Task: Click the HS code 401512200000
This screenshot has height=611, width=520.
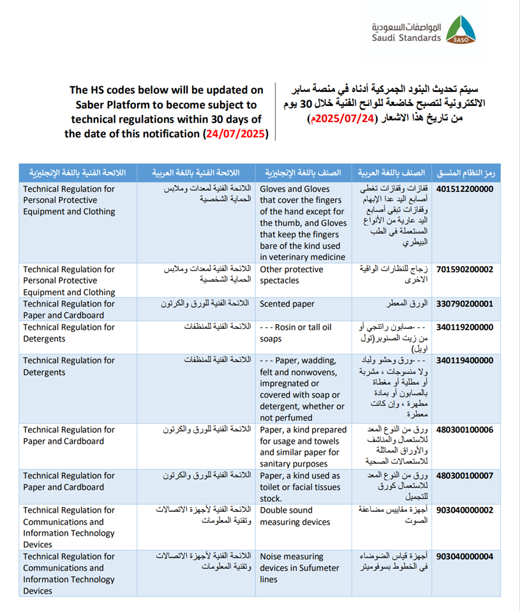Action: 464,190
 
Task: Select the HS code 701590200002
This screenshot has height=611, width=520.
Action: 464,269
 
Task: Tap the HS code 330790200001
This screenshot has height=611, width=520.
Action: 464,305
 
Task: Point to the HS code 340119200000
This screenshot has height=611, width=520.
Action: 464,328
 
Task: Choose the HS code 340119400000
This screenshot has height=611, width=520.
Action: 464,361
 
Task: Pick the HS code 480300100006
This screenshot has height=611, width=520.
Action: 464,430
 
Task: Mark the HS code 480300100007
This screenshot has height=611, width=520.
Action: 464,476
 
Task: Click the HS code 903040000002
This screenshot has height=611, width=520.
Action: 464,510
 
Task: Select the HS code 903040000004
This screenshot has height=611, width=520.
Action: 464,556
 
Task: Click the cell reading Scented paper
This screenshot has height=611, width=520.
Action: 287,305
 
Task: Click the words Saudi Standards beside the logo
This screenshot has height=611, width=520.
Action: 407,38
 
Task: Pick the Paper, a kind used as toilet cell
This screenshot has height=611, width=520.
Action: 300,487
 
